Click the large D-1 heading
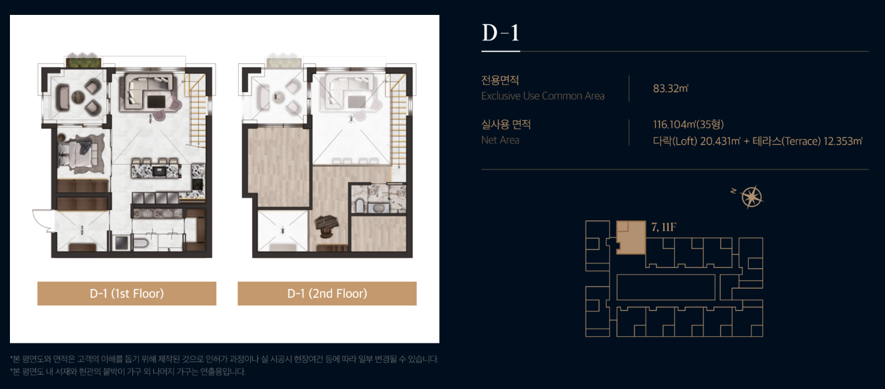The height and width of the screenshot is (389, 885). (500, 33)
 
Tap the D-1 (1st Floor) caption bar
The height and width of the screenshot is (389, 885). (127, 293)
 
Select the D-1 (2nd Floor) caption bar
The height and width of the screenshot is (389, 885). (327, 293)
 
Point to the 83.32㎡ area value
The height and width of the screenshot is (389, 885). (671, 88)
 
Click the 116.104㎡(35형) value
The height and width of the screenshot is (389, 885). (688, 124)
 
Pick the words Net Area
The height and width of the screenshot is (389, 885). (500, 140)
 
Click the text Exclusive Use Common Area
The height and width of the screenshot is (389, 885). (543, 96)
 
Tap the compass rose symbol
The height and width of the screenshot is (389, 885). (751, 196)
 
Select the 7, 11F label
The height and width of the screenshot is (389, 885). (664, 227)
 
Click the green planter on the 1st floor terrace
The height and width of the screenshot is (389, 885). (83, 62)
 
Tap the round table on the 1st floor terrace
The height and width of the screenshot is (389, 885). (78, 97)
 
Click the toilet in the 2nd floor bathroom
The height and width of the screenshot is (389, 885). (359, 206)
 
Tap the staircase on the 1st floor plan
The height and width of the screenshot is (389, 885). (197, 109)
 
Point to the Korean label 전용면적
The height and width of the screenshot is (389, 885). (500, 80)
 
